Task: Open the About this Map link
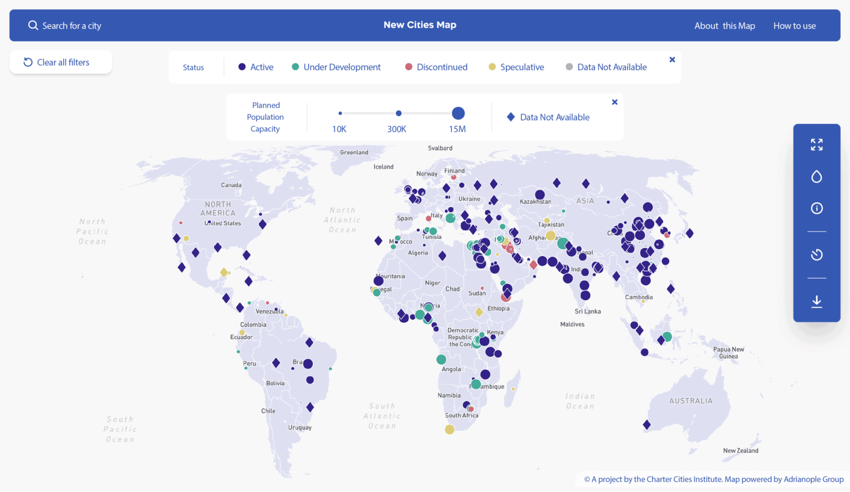724,26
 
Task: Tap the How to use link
794,26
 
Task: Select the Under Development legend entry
336,67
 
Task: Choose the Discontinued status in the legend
436,67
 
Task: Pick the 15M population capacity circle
458,113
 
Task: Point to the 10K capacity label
339,129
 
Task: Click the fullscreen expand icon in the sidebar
816,145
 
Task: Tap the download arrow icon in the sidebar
816,301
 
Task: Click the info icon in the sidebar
816,208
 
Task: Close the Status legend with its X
672,60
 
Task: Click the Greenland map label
354,153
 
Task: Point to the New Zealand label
740,451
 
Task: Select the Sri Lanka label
587,311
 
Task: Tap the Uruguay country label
299,427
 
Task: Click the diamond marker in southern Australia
646,425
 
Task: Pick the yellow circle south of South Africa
449,430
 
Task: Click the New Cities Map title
419,25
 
